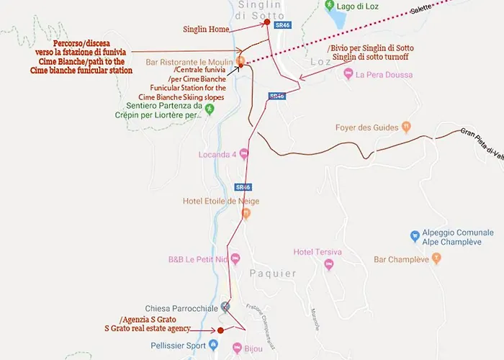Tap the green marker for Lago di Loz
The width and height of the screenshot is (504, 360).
click(329, 6)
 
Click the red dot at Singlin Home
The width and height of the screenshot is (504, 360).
click(267, 22)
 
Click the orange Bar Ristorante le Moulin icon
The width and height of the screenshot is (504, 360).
click(241, 61)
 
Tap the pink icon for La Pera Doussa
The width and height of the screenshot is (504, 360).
click(348, 73)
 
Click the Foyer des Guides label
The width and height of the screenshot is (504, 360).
click(366, 127)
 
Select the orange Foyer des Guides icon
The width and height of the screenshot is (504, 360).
click(406, 127)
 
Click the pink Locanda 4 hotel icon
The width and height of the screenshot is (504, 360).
click(244, 153)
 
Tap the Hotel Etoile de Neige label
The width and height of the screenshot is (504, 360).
click(221, 201)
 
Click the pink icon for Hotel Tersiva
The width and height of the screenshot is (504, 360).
click(329, 265)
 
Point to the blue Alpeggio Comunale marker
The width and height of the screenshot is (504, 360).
click(415, 235)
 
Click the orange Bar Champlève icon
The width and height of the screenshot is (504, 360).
click(436, 258)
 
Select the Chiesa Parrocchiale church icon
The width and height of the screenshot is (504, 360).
click(225, 307)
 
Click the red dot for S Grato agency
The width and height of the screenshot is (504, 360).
click(220, 330)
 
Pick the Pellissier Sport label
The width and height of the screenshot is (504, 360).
click(180, 346)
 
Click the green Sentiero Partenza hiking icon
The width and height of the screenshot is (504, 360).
click(210, 109)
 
